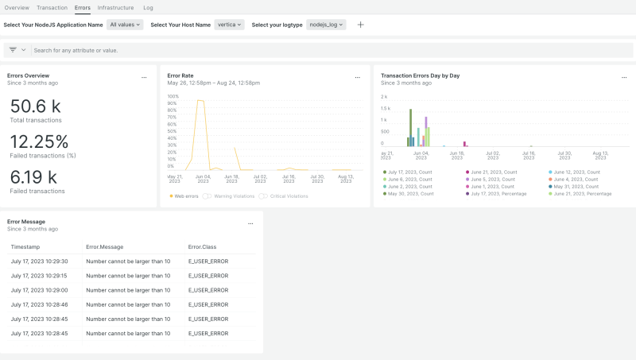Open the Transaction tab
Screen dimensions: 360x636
coord(52,7)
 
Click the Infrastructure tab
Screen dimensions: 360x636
coord(115,7)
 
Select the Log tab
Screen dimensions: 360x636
coord(148,7)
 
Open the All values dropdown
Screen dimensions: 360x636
coord(126,25)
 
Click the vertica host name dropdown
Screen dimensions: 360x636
coord(229,25)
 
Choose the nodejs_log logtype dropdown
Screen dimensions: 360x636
coord(326,25)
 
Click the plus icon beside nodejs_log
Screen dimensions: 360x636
coord(360,25)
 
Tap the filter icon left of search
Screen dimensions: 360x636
coord(13,50)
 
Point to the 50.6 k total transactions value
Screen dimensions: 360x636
coord(35,106)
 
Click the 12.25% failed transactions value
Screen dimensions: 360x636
coord(39,141)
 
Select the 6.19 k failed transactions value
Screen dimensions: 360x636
coord(33,177)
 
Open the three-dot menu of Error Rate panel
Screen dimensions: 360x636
coord(358,78)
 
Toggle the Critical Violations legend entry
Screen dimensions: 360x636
coord(285,195)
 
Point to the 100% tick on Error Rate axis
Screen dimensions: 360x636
coord(173,97)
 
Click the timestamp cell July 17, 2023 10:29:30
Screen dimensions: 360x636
coord(39,261)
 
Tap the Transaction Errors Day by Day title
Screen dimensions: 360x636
coord(420,75)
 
